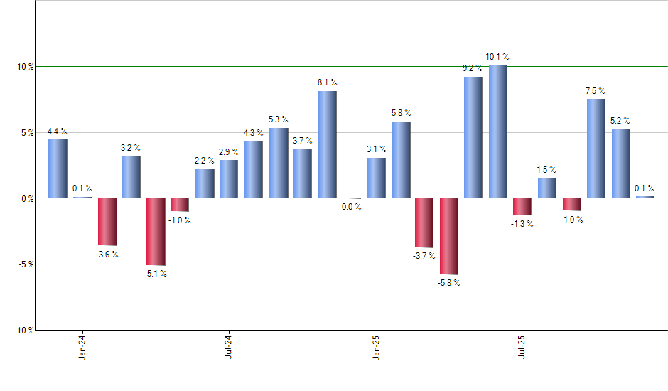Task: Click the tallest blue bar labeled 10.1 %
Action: tap(497, 132)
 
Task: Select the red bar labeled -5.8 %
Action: tap(448, 236)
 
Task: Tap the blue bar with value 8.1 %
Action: tap(327, 144)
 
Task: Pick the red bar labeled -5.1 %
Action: tap(156, 231)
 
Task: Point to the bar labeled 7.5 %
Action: tap(596, 148)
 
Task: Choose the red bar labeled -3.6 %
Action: tap(107, 221)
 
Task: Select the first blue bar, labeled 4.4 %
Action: tap(58, 168)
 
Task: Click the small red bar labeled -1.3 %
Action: tap(522, 206)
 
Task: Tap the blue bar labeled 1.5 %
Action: tap(546, 188)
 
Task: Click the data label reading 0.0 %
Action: tap(350, 207)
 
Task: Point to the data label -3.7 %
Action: tap(424, 256)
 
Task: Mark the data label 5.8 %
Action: tap(401, 113)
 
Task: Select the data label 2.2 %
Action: tap(205, 161)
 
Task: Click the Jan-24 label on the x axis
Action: tap(83, 346)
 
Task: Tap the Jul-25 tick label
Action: tap(522, 346)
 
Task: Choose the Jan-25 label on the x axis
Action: tap(376, 346)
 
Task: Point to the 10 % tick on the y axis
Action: tap(26, 67)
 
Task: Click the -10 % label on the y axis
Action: tap(23, 331)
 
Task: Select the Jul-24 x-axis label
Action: tap(230, 346)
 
